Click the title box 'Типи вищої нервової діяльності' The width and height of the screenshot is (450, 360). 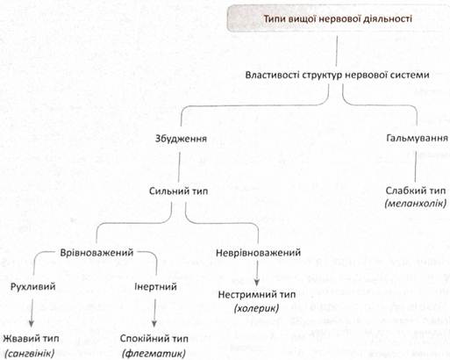339,18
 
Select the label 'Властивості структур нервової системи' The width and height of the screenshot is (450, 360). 337,75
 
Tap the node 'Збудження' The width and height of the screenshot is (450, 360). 181,139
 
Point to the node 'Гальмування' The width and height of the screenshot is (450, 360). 418,138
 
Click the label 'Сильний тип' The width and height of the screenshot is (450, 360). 178,191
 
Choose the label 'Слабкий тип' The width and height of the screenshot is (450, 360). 416,191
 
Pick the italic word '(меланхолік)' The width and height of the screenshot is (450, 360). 416,203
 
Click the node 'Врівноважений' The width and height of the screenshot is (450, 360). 96,253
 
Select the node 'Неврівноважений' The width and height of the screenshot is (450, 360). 258,253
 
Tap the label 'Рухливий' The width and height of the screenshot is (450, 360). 33,286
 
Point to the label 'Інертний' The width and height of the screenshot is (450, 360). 155,286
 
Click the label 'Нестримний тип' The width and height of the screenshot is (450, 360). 257,294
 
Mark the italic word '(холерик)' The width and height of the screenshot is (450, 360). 256,308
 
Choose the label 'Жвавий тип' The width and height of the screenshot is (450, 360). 31,339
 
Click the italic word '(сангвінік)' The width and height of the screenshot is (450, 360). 31,354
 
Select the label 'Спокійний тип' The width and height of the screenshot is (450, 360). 154,339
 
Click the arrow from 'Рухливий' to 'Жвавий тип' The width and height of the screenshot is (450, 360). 32,313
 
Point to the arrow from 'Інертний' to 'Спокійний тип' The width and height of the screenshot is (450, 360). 154,313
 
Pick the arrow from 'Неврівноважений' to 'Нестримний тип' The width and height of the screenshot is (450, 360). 257,273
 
